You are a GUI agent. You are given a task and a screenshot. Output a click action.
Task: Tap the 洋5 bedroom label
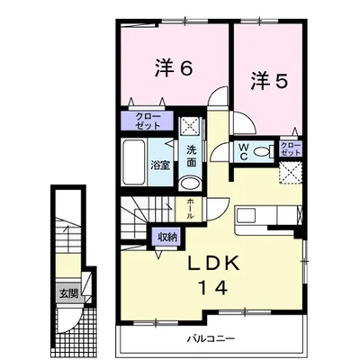click(x=269, y=80)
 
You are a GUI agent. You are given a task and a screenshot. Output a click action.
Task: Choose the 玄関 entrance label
click(x=70, y=292)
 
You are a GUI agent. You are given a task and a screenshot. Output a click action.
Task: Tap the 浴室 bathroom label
click(x=160, y=166)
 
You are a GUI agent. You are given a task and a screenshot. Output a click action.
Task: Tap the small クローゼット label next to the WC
click(x=290, y=148)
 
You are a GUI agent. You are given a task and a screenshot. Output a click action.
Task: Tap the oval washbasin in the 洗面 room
click(x=191, y=183)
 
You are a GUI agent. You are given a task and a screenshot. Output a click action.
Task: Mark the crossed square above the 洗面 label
click(x=190, y=126)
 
